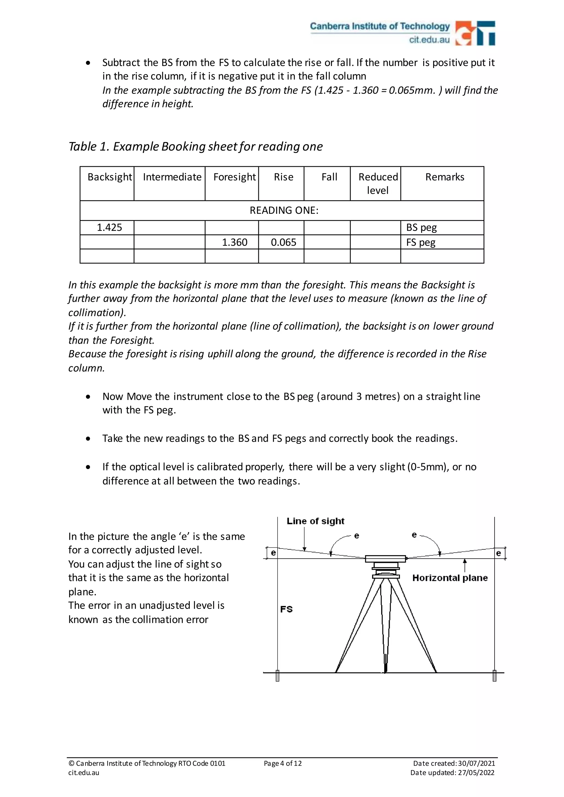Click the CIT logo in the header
coord(475,33)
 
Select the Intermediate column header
coord(172,177)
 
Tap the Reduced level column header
coord(378,183)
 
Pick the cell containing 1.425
coord(109,228)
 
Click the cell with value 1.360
coord(234,242)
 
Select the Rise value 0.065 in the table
coord(283,242)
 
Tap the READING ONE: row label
coord(284,210)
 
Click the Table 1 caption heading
coord(196,146)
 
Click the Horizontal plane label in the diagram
coord(450,578)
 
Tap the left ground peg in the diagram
coord(278,676)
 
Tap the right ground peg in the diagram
coord(494,676)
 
